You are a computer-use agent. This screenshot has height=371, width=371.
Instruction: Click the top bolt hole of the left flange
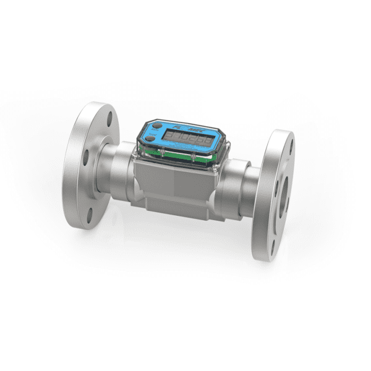pyautogui.click(x=110, y=117)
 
